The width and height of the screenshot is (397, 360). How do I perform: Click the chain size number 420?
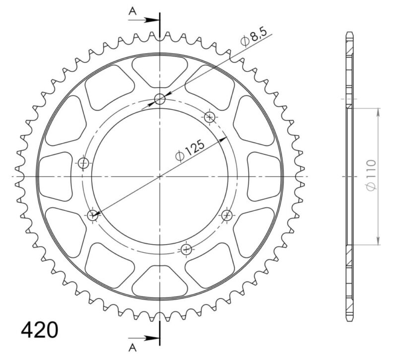coord(39,330)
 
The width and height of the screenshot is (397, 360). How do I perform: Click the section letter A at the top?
coord(132,11)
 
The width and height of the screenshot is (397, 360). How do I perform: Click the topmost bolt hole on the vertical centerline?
coord(160,99)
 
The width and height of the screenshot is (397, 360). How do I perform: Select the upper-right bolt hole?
coord(209,117)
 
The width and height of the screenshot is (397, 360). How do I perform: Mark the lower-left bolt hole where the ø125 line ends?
coord(93,215)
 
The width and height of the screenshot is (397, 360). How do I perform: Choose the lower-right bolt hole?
coord(227,215)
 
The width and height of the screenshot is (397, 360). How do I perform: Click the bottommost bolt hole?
coord(187,249)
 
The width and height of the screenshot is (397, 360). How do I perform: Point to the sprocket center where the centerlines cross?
coord(160,177)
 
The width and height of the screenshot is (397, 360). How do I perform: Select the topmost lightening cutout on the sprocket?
coord(160,70)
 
